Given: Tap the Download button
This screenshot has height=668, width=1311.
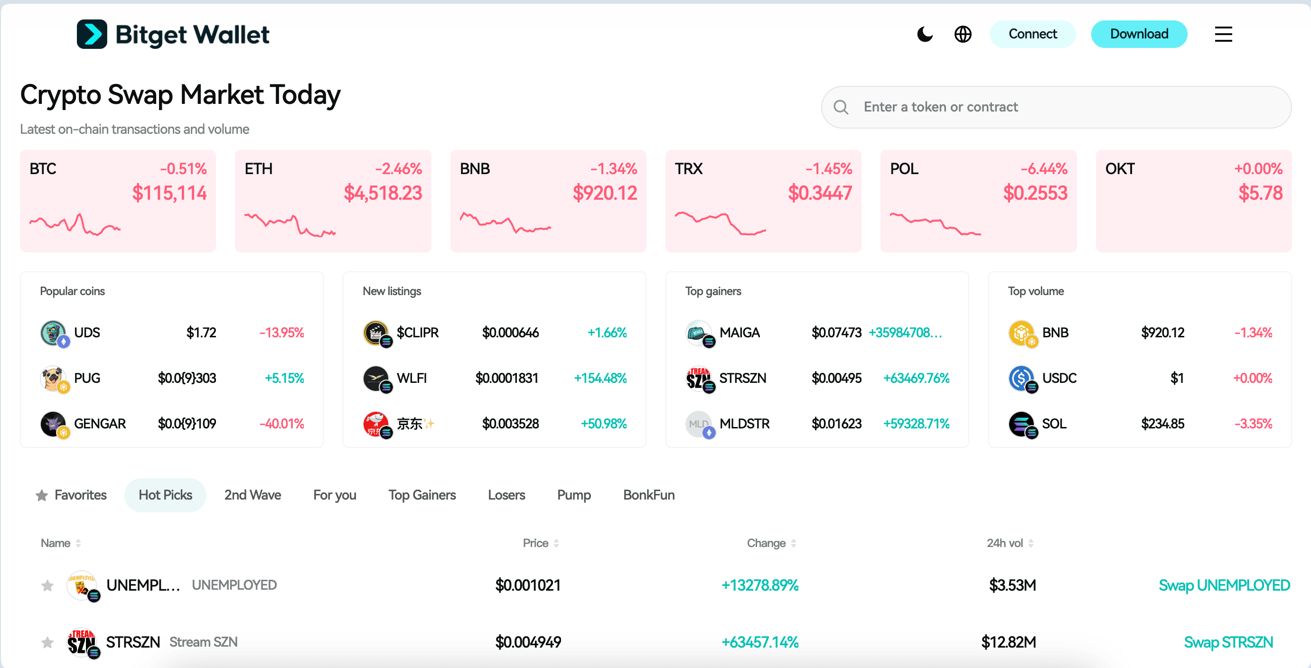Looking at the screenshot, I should (1139, 34).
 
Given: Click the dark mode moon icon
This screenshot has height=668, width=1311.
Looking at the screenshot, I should (924, 35).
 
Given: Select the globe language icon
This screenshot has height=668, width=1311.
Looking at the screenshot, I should (963, 35).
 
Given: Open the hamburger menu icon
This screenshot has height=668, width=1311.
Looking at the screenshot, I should (1223, 35).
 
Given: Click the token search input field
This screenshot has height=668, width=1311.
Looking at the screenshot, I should (1069, 107).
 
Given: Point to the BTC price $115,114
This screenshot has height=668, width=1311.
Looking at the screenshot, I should (169, 193).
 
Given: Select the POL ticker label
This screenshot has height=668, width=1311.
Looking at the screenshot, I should (904, 169).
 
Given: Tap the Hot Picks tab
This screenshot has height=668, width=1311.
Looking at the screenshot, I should (165, 495).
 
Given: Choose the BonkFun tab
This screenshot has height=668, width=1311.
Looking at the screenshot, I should (648, 495).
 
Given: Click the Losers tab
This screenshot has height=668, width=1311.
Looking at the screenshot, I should (506, 495).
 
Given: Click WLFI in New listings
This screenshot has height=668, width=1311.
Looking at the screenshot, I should (411, 379).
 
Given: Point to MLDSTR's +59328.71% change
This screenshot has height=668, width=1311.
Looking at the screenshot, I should (916, 424).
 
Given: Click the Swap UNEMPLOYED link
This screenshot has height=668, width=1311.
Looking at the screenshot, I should (1224, 585).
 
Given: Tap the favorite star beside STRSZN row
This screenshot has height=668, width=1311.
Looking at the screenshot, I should (47, 642).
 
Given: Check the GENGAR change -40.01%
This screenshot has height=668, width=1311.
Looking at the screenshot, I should (281, 424).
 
